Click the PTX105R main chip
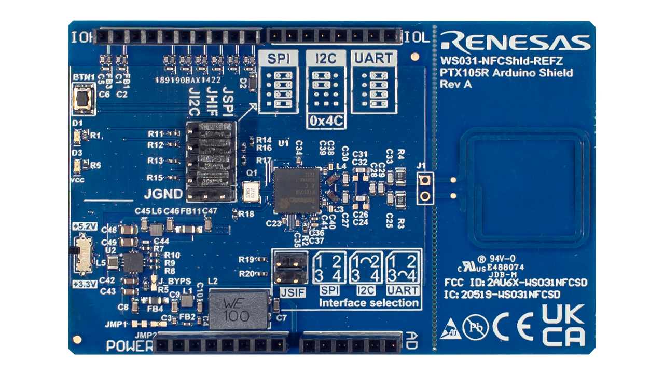pyautogui.click(x=297, y=190)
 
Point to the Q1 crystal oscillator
pyautogui.click(x=250, y=191)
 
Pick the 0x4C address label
pyautogui.click(x=326, y=121)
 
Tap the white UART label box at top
pyautogui.click(x=374, y=58)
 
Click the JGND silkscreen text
pyautogui.click(x=163, y=195)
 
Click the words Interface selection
pyautogui.click(x=368, y=303)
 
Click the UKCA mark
pyautogui.click(x=563, y=325)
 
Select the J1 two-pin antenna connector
pyautogui.click(x=425, y=188)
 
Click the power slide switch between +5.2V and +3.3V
pyautogui.click(x=82, y=255)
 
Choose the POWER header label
pyautogui.click(x=129, y=345)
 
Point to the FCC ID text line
pyautogui.click(x=516, y=283)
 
